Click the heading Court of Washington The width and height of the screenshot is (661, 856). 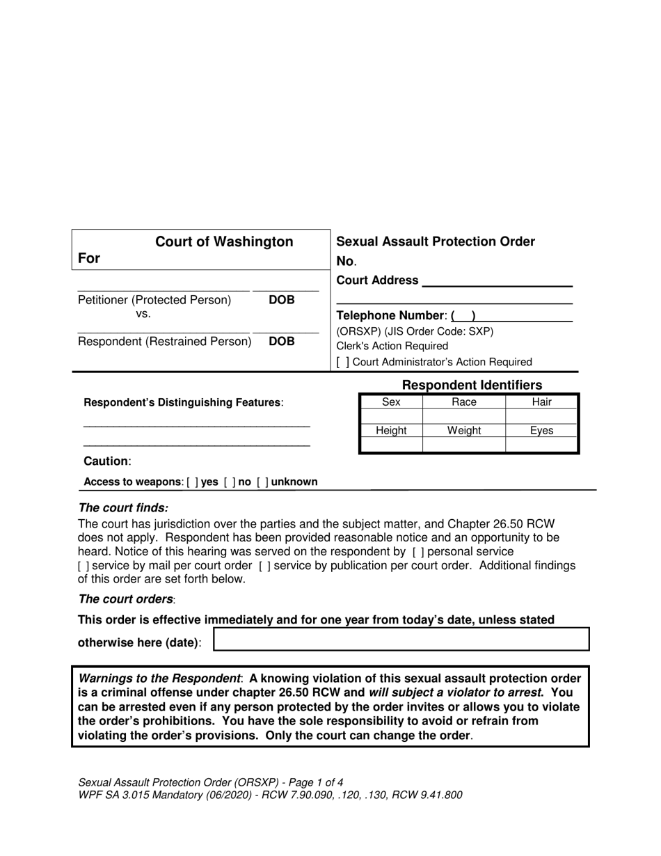click(x=223, y=241)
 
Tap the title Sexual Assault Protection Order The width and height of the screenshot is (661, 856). click(x=436, y=241)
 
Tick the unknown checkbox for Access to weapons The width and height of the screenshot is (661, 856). click(x=263, y=482)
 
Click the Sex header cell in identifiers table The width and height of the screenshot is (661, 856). click(x=391, y=402)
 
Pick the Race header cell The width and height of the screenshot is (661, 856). click(x=463, y=402)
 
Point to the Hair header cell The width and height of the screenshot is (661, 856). click(x=541, y=402)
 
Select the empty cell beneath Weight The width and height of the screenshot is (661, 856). click(x=463, y=444)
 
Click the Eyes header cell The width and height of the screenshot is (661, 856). click(x=541, y=431)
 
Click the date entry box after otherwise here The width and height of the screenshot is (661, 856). click(x=401, y=639)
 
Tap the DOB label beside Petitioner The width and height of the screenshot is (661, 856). click(x=282, y=300)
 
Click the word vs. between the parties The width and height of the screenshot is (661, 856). click(x=143, y=314)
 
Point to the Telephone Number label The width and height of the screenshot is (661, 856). click(x=390, y=315)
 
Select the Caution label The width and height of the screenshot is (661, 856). click(x=106, y=461)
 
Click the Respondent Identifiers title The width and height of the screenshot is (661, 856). click(x=472, y=385)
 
